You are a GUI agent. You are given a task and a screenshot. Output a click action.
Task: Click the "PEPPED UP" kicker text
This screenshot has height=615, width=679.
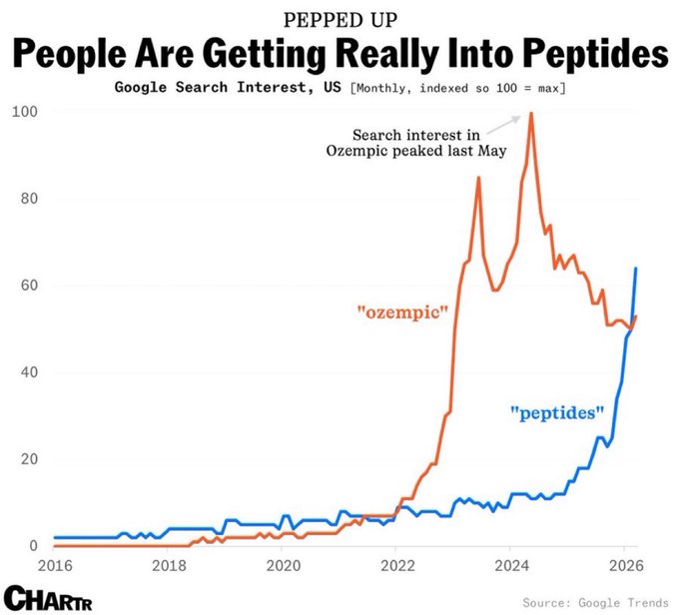pos(339,20)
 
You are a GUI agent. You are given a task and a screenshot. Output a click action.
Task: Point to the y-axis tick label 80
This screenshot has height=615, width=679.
pos(29,198)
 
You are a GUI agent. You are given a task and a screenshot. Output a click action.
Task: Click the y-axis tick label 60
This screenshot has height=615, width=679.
pos(29,285)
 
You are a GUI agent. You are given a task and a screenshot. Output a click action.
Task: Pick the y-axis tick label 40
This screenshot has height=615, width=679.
pos(29,372)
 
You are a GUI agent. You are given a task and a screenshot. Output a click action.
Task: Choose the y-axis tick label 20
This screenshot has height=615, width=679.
pos(29,459)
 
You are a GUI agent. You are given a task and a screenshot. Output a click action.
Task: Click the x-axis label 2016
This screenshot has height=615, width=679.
pos(56,564)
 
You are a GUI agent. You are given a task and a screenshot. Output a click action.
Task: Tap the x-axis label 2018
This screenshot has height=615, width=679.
pos(169,564)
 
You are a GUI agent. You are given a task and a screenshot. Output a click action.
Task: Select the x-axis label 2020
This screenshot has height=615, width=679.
pos(283,564)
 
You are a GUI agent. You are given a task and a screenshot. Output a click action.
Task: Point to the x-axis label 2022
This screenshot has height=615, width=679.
pos(396,564)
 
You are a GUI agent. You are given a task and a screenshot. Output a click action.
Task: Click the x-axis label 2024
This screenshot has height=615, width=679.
pos(510,564)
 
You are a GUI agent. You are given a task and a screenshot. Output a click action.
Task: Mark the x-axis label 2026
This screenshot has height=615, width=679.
pos(624,564)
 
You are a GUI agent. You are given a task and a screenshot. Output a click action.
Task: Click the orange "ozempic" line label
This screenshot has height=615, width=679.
pos(402,312)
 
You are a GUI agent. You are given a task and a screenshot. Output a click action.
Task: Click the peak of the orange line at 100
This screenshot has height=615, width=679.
pos(530,113)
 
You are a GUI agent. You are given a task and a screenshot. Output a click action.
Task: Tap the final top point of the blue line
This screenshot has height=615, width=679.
pos(636,269)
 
